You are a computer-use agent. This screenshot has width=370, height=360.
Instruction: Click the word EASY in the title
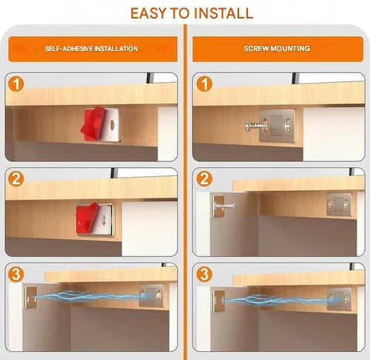(148, 13)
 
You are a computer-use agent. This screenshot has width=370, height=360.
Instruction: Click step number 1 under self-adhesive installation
(16, 84)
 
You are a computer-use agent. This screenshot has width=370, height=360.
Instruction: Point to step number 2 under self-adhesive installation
(16, 180)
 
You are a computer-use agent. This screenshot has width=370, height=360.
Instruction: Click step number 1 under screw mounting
(204, 84)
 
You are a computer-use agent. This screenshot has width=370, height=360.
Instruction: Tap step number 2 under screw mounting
(204, 180)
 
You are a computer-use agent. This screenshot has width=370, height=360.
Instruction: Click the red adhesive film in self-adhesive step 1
(93, 123)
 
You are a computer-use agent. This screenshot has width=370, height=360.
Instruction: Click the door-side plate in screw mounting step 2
(218, 206)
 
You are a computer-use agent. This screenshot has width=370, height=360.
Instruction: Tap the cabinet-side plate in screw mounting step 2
(339, 205)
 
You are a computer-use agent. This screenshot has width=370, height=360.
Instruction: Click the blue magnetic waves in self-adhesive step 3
(89, 298)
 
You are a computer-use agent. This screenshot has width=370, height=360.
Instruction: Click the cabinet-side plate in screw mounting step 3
(339, 299)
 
